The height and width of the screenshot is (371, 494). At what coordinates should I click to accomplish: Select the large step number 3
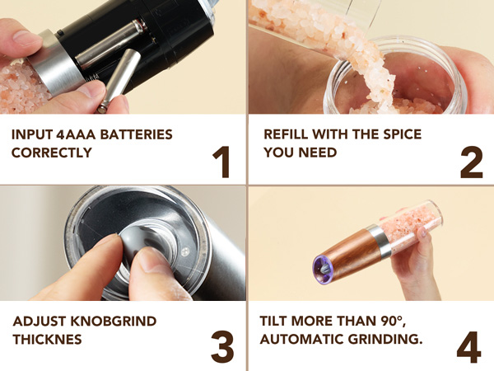[222, 346]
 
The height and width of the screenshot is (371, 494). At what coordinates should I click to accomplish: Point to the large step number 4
[469, 346]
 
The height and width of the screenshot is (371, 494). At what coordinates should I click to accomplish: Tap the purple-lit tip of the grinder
[318, 265]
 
